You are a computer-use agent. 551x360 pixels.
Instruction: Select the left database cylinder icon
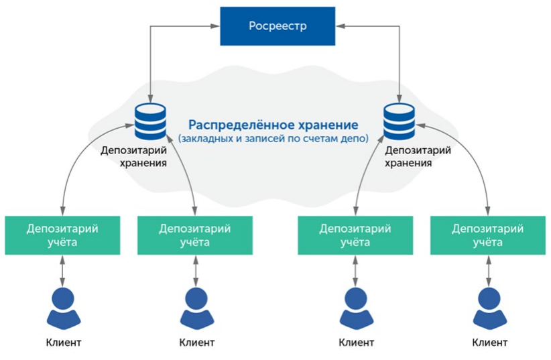click(150, 121)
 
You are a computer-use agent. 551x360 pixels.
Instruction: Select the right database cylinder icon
click(400, 121)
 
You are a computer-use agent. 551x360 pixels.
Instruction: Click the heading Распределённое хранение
click(273, 125)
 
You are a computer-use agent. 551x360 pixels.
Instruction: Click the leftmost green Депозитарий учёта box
click(62, 235)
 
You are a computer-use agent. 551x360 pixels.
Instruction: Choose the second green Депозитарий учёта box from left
click(194, 235)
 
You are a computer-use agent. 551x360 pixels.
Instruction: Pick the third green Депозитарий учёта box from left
click(355, 235)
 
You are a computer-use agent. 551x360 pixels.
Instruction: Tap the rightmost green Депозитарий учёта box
click(487, 235)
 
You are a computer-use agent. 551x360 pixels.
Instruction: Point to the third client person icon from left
click(355, 307)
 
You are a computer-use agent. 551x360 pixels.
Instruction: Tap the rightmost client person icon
click(487, 307)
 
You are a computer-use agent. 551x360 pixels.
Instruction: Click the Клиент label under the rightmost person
click(489, 343)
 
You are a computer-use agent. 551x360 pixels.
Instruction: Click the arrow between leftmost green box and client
click(62, 269)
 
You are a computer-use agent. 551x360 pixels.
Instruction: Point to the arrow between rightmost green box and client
click(487, 269)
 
